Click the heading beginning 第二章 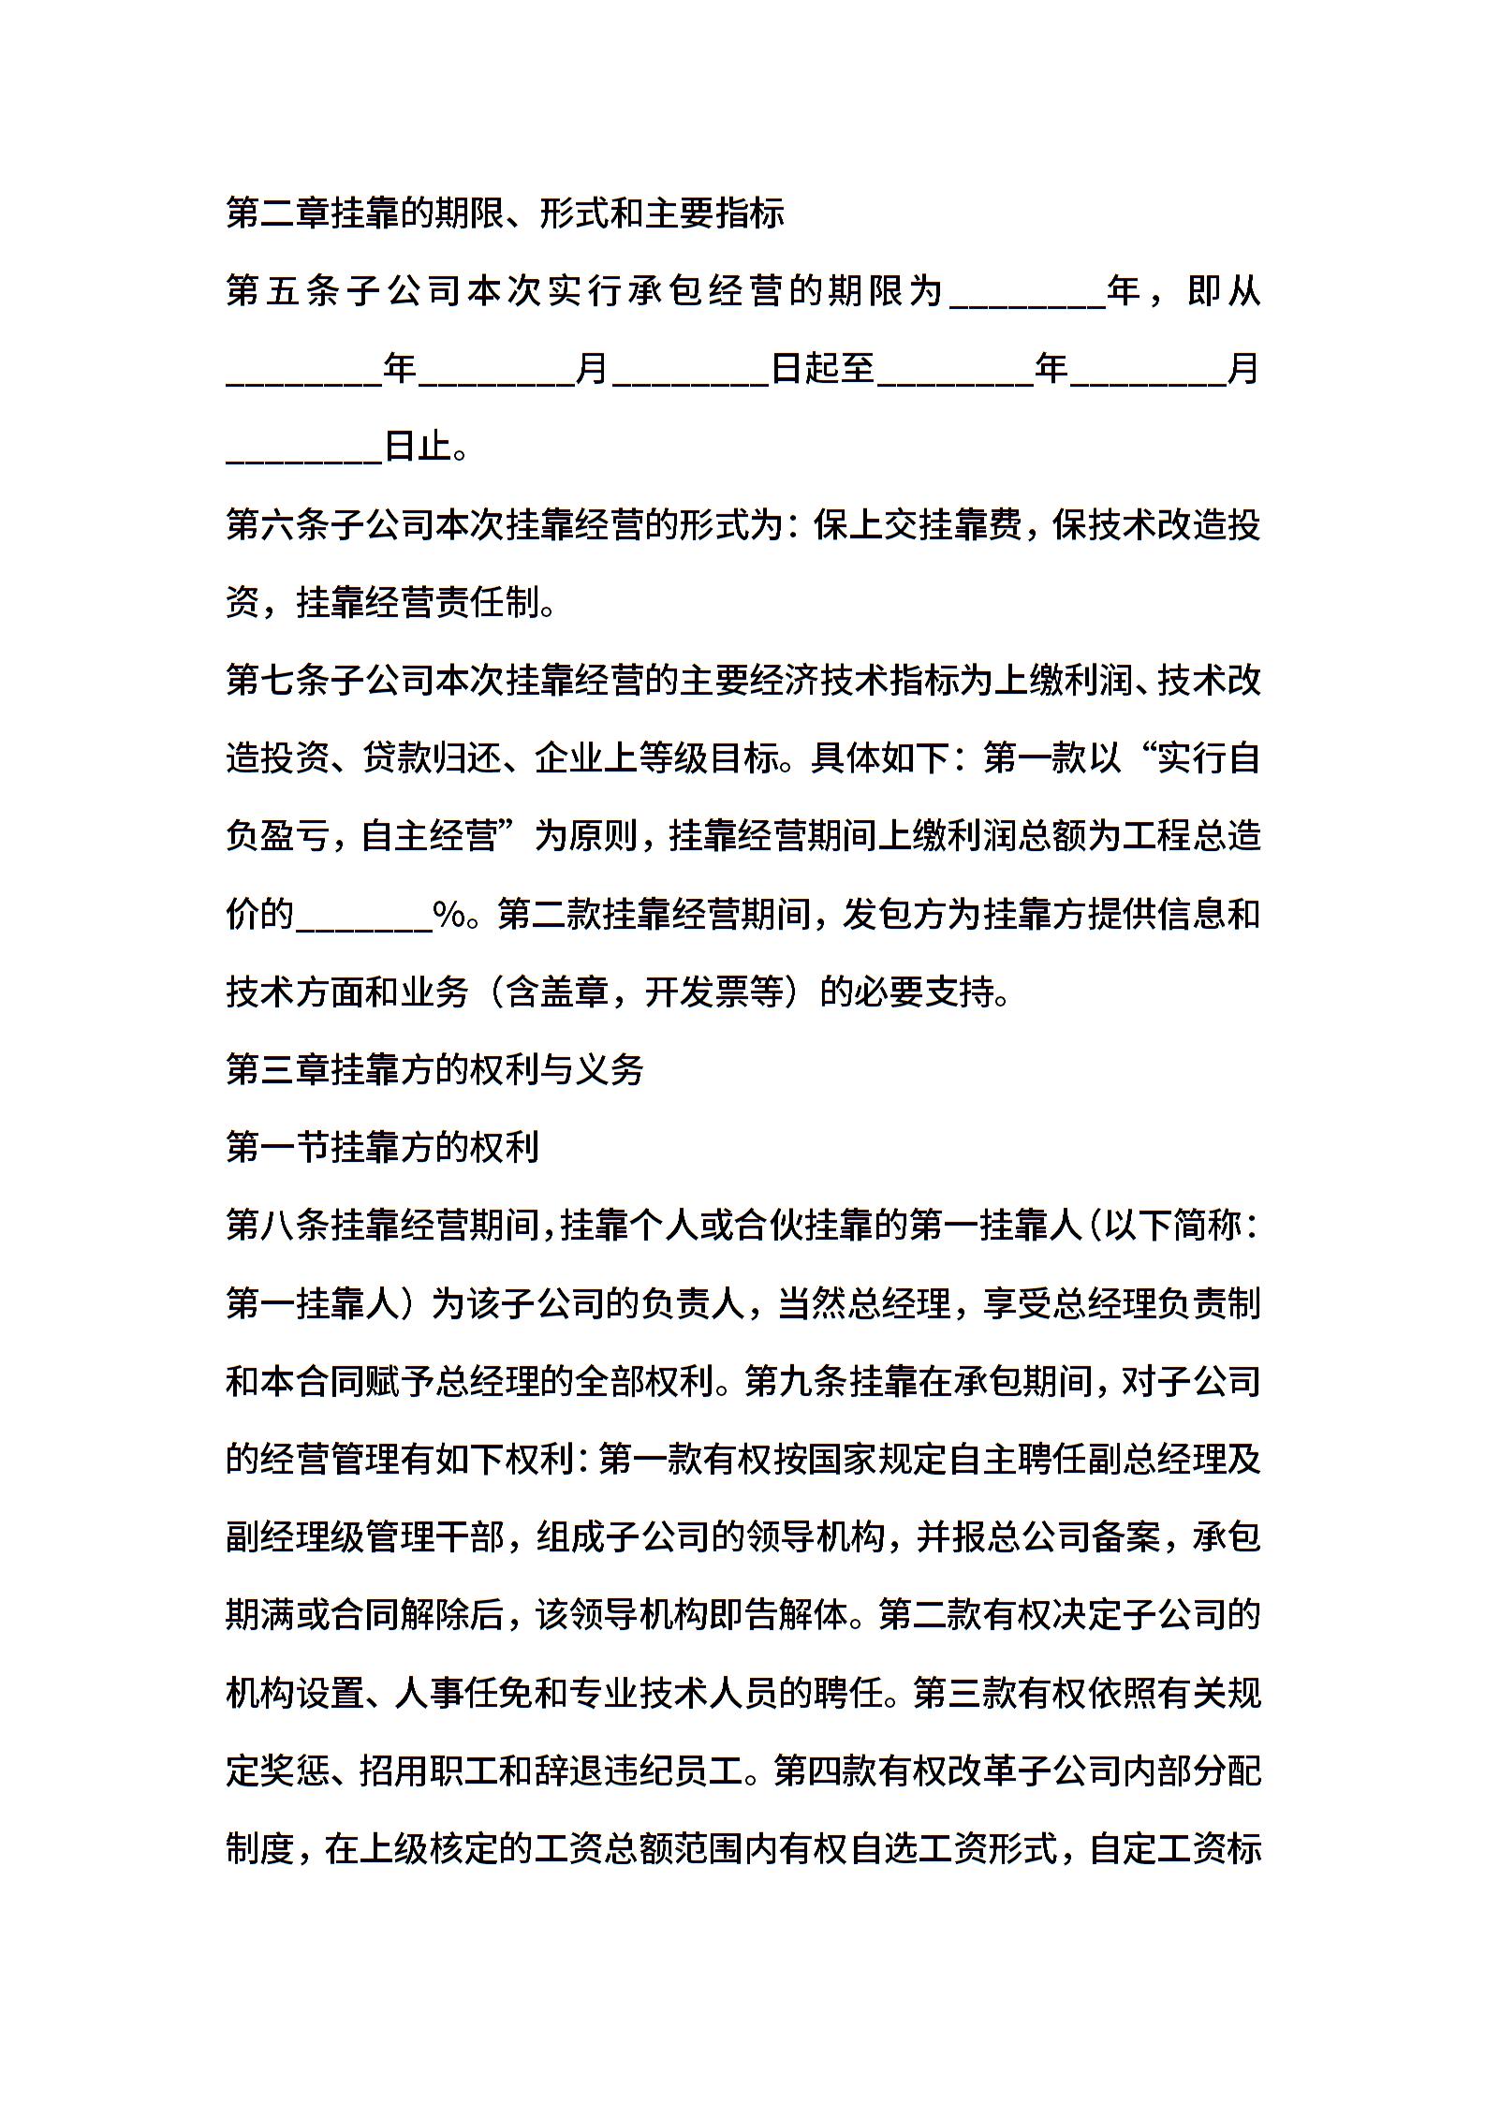(505, 214)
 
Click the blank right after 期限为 (1027, 298)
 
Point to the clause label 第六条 (278, 526)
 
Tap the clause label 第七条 (278, 682)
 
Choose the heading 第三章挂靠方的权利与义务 (435, 1069)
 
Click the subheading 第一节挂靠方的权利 (383, 1147)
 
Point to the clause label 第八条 (278, 1226)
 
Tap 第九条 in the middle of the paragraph (796, 1381)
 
